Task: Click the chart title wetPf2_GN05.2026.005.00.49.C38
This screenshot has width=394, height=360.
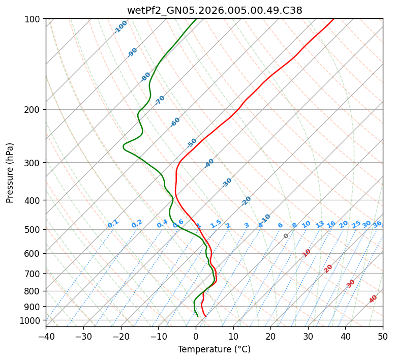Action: [x=214, y=10]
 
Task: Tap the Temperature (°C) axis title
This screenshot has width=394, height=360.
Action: [x=214, y=350]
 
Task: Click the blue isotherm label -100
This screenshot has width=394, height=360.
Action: [x=121, y=27]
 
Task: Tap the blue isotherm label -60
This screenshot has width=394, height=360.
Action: [x=175, y=122]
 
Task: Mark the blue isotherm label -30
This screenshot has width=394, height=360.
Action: [x=227, y=183]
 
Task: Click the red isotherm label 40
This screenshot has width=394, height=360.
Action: [x=373, y=299]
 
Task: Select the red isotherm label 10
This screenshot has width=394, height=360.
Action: [x=307, y=253]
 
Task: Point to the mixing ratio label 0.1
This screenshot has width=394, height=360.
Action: [x=113, y=224]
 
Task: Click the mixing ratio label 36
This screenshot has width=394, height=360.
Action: [x=377, y=224]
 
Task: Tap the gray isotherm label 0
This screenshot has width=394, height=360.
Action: [x=286, y=236]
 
